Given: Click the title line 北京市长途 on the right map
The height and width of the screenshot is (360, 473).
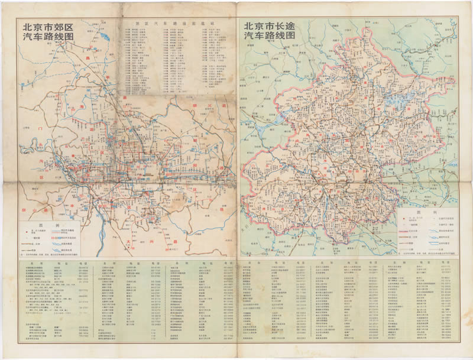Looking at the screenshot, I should click(x=273, y=26).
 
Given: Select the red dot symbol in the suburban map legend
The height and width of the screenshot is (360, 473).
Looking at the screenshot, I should click(x=28, y=233).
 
